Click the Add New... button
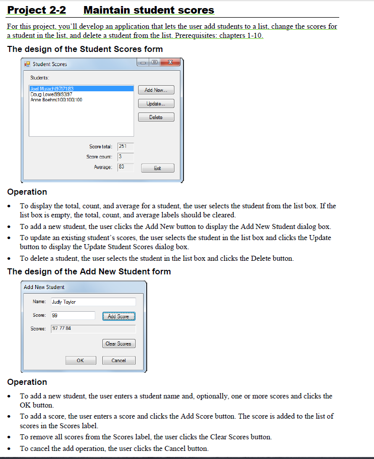tap(156, 90)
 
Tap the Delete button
tap(156, 117)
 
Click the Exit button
tap(158, 168)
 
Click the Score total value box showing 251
tap(125, 146)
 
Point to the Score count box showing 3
tap(125, 157)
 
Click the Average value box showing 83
tap(125, 167)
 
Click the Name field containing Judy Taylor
tap(93, 302)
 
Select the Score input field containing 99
tap(73, 315)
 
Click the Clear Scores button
tap(118, 344)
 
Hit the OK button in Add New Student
tap(81, 361)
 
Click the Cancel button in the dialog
tap(118, 361)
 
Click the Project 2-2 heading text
tap(36, 10)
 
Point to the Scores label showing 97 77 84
tap(93, 329)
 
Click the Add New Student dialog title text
tap(44, 287)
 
